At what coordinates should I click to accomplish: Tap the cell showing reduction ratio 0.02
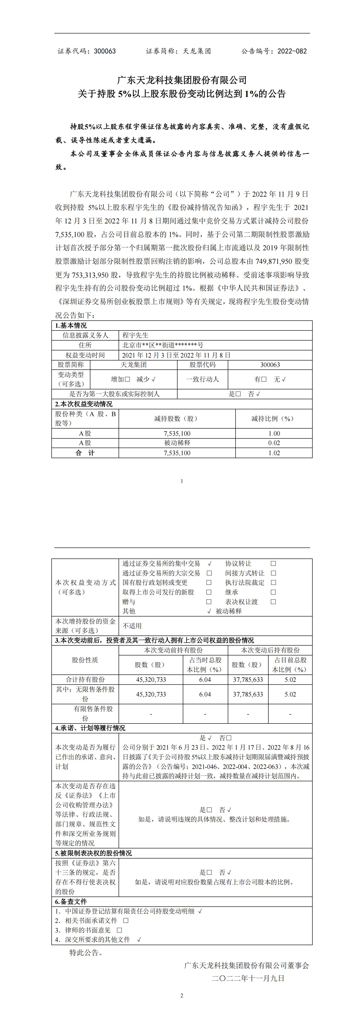[x=274, y=443]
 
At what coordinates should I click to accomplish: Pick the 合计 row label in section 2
[x=85, y=453]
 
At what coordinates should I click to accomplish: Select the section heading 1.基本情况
[x=71, y=326]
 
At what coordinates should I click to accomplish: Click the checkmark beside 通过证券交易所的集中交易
[x=209, y=564]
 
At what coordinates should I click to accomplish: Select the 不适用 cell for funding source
[x=132, y=626]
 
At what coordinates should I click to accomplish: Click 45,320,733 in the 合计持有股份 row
[x=151, y=680]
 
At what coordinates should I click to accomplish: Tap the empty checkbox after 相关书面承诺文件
[x=126, y=920]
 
